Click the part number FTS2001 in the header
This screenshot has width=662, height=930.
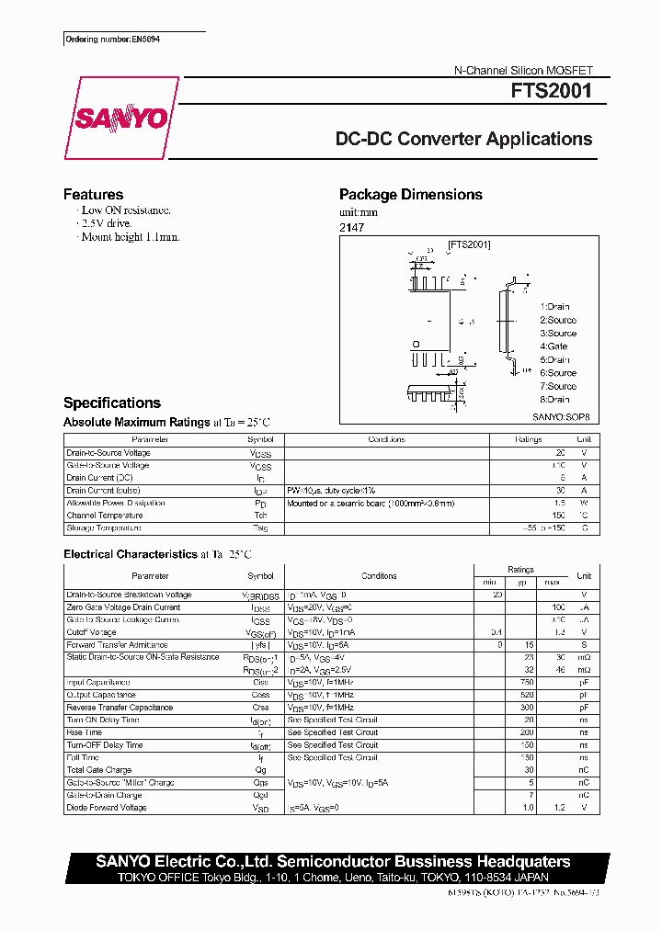552,92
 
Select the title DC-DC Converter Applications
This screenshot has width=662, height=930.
463,140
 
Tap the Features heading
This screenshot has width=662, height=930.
93,195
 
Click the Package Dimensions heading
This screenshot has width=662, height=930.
410,195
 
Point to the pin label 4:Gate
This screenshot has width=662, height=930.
554,346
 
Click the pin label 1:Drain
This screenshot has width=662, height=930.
555,307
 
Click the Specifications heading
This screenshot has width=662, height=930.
111,403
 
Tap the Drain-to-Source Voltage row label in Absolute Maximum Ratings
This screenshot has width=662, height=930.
108,453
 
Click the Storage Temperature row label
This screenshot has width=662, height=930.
104,528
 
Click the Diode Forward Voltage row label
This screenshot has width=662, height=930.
107,808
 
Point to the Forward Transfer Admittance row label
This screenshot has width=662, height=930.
116,645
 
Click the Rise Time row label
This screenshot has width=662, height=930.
85,732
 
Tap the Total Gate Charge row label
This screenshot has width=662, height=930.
99,770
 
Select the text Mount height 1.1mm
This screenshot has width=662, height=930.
130,237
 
